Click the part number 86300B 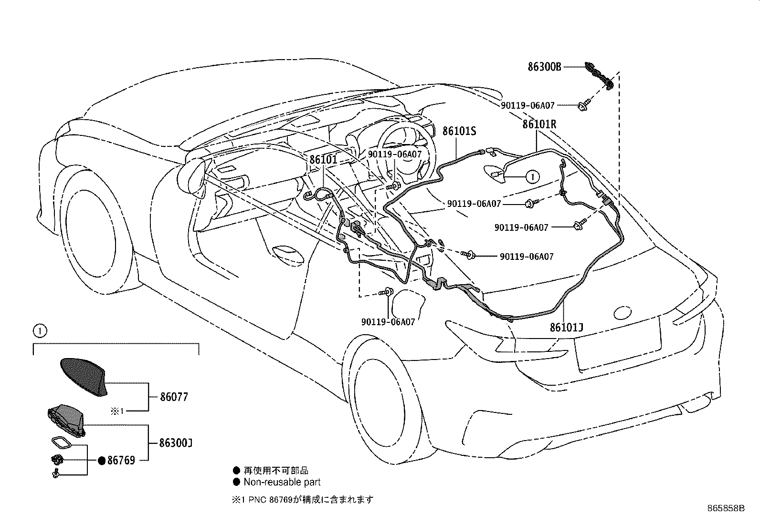click(x=544, y=67)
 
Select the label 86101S click(x=459, y=131)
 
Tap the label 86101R click(x=539, y=124)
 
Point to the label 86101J click(x=567, y=328)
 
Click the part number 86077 click(x=174, y=397)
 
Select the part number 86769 click(x=121, y=461)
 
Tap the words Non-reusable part click(x=282, y=482)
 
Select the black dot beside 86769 click(x=102, y=461)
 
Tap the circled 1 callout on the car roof click(x=532, y=177)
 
